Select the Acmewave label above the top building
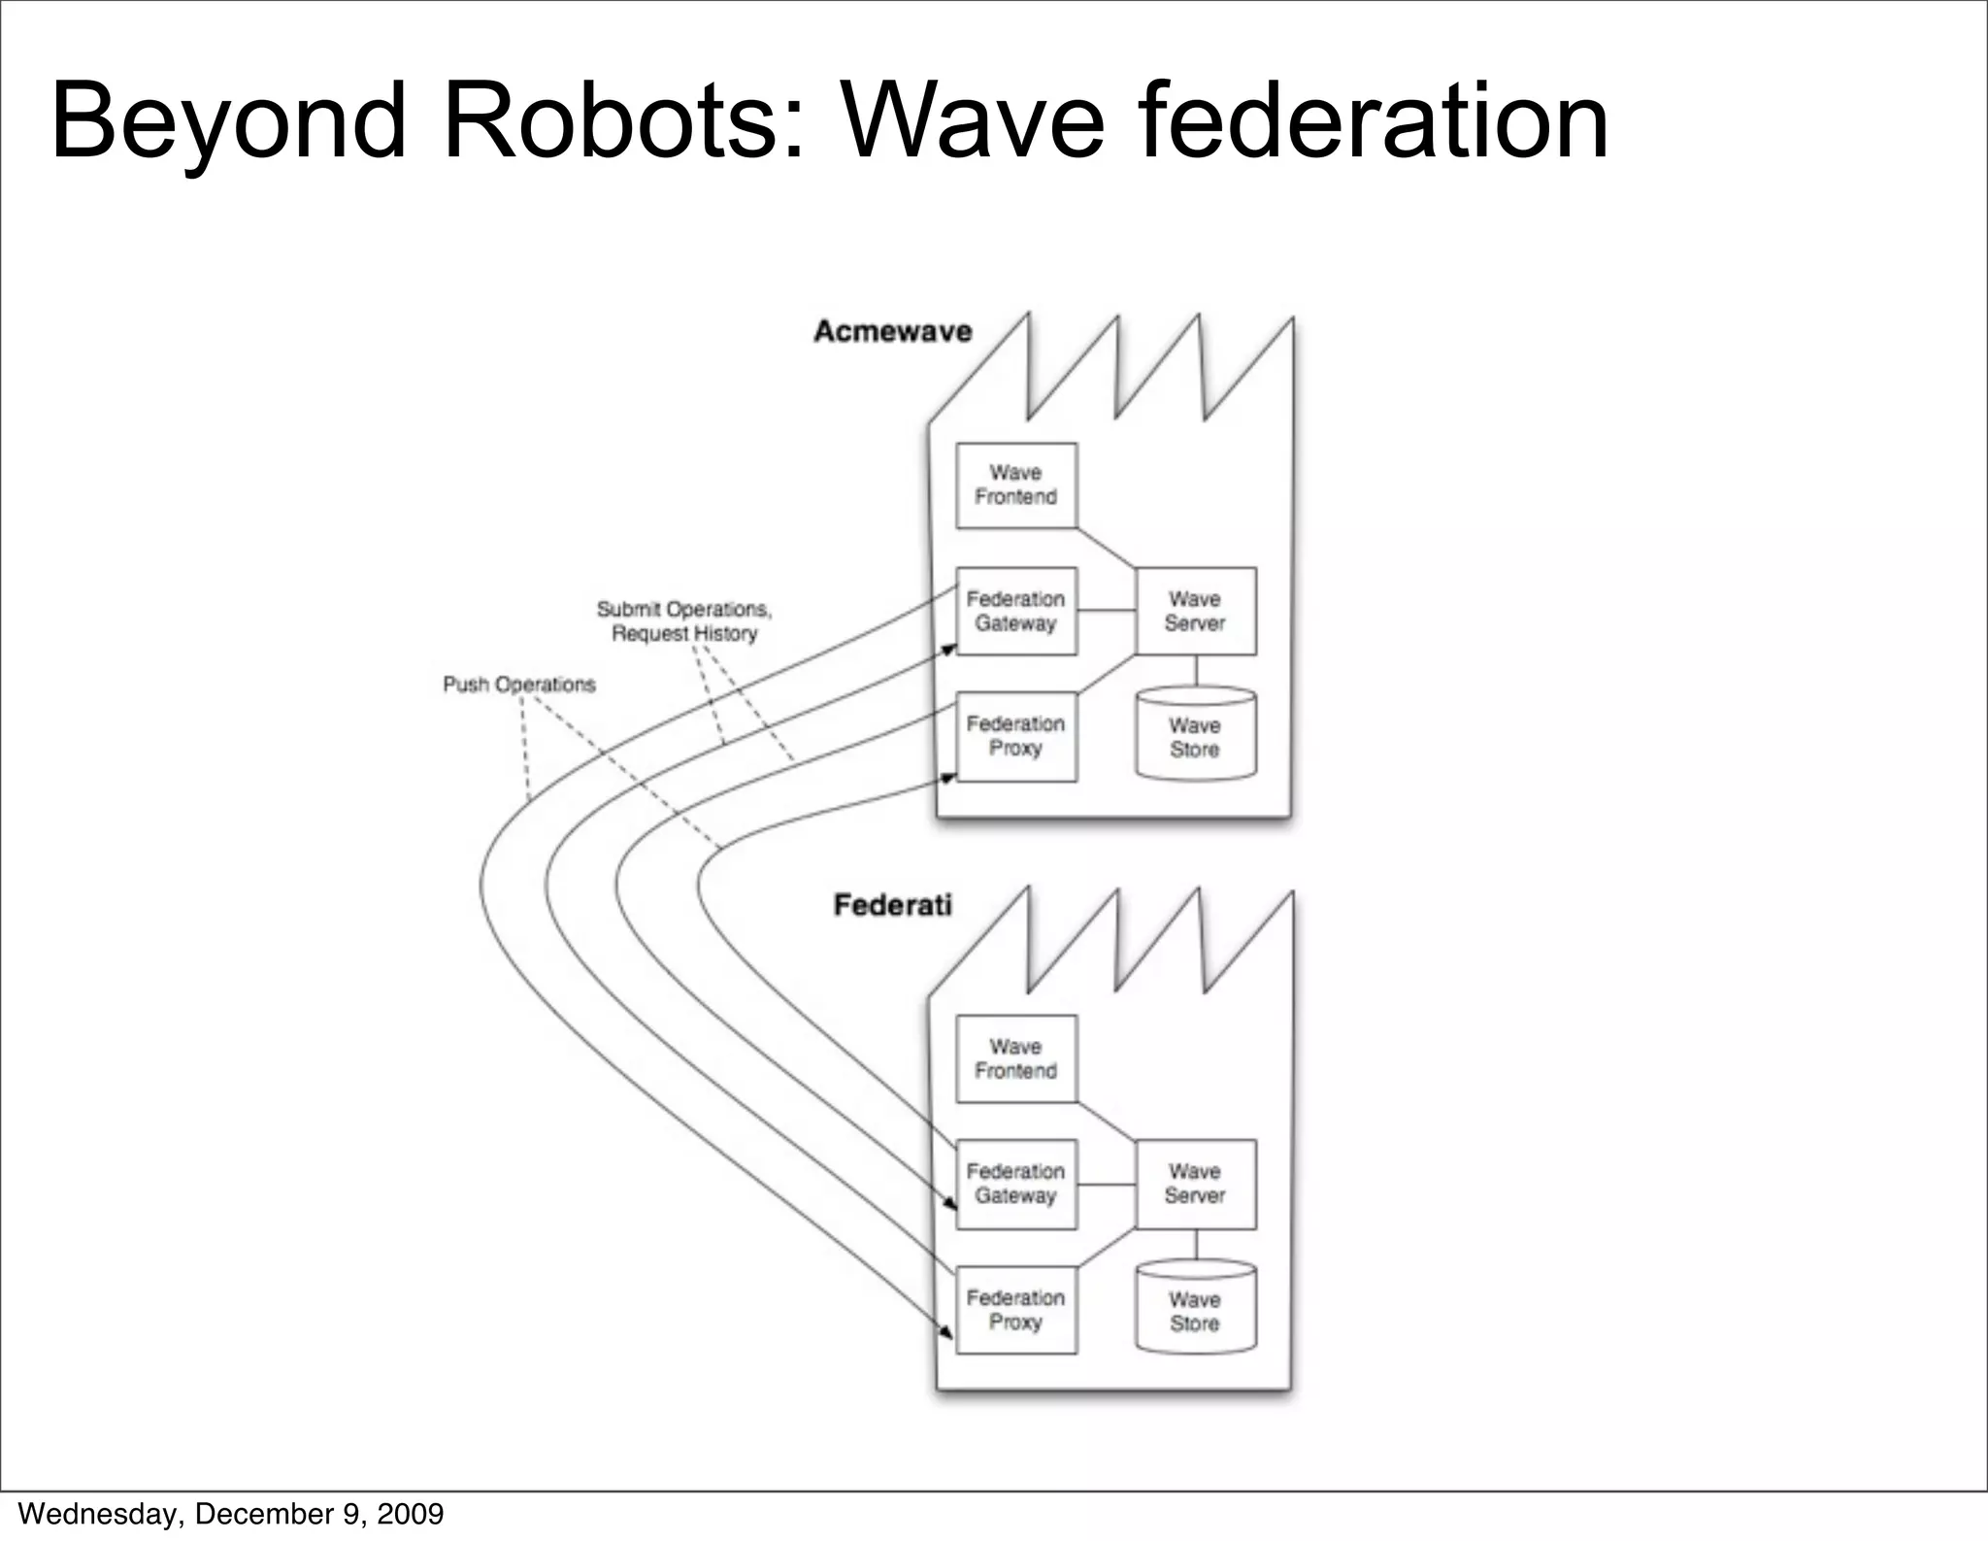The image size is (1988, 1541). pyautogui.click(x=892, y=332)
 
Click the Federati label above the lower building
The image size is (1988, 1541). pyautogui.click(x=892, y=905)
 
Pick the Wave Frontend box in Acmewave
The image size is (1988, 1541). pyautogui.click(x=1016, y=486)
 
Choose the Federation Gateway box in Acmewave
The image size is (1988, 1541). pyautogui.click(x=1016, y=612)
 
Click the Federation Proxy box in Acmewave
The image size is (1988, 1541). pyautogui.click(x=1016, y=736)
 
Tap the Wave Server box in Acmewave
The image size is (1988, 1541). pyautogui.click(x=1195, y=612)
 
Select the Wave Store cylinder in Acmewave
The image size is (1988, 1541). pyautogui.click(x=1195, y=736)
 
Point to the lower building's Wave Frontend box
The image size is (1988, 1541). pyautogui.click(x=1016, y=1058)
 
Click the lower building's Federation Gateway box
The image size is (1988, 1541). pyautogui.click(x=1016, y=1184)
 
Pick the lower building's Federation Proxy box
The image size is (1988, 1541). pyautogui.click(x=1016, y=1310)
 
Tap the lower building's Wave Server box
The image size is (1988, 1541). pyautogui.click(x=1195, y=1184)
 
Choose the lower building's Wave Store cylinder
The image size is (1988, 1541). pyautogui.click(x=1195, y=1310)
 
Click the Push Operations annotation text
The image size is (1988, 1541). pyautogui.click(x=519, y=685)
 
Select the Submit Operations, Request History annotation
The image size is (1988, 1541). pyautogui.click(x=684, y=621)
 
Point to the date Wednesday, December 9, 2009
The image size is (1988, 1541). pyautogui.click(x=231, y=1514)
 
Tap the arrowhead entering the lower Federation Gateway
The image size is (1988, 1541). pyautogui.click(x=950, y=1204)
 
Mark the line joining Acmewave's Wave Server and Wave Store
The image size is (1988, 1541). pyautogui.click(x=1196, y=671)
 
